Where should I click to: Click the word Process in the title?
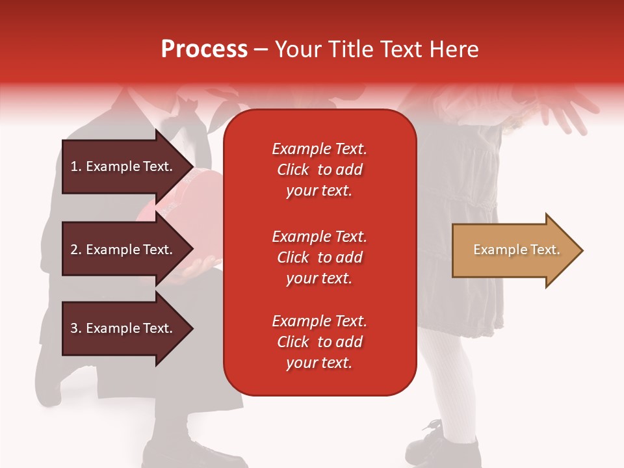point(204,49)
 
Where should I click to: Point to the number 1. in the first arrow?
point(76,166)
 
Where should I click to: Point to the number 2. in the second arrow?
point(76,250)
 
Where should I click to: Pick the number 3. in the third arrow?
point(76,328)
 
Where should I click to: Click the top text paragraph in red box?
point(319,170)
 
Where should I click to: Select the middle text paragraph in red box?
point(319,257)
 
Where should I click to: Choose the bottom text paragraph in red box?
point(319,342)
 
